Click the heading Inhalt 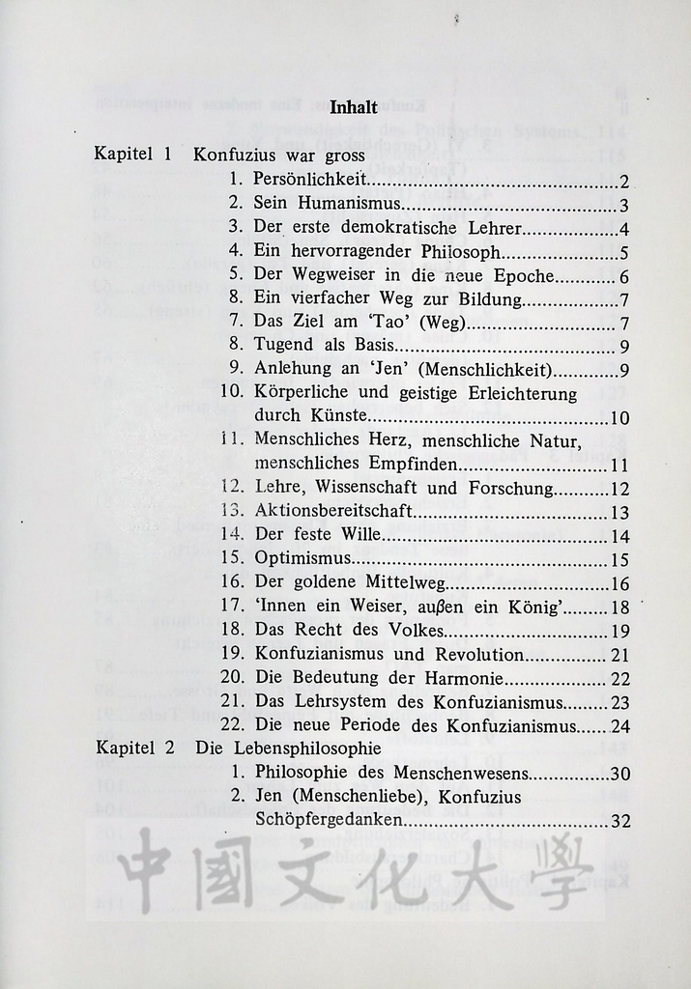tap(354, 108)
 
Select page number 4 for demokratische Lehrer tap(625, 229)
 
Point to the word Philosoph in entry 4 tap(459, 253)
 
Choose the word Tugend tap(284, 344)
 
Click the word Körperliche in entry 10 tap(302, 393)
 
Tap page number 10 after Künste tap(619, 418)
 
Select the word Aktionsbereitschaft tap(334, 511)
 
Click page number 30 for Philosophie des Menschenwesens tap(619, 773)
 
